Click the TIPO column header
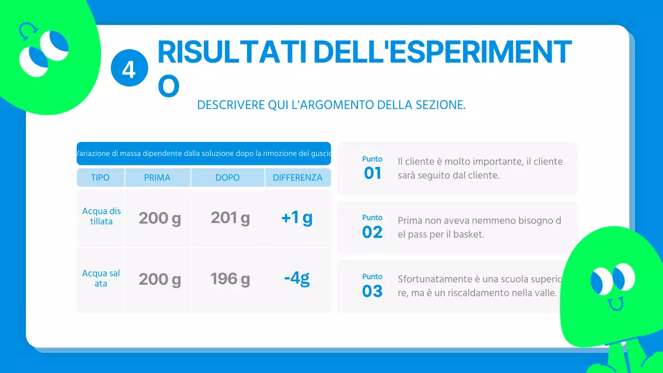[x=100, y=178]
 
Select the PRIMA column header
[x=157, y=178]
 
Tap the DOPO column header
[x=227, y=178]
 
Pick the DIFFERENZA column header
[x=298, y=178]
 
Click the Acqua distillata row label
[x=102, y=217]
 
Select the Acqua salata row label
[x=101, y=279]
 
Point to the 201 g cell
[x=230, y=218]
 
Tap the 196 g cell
[x=230, y=279]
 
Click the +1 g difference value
[x=297, y=218]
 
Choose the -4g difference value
[x=297, y=279]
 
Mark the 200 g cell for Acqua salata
[x=160, y=280]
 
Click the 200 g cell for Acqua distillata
[x=160, y=219]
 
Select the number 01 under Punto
[x=372, y=173]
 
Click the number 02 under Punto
[x=372, y=232]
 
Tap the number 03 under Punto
[x=372, y=291]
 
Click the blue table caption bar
[x=204, y=153]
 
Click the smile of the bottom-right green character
[x=615, y=304]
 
